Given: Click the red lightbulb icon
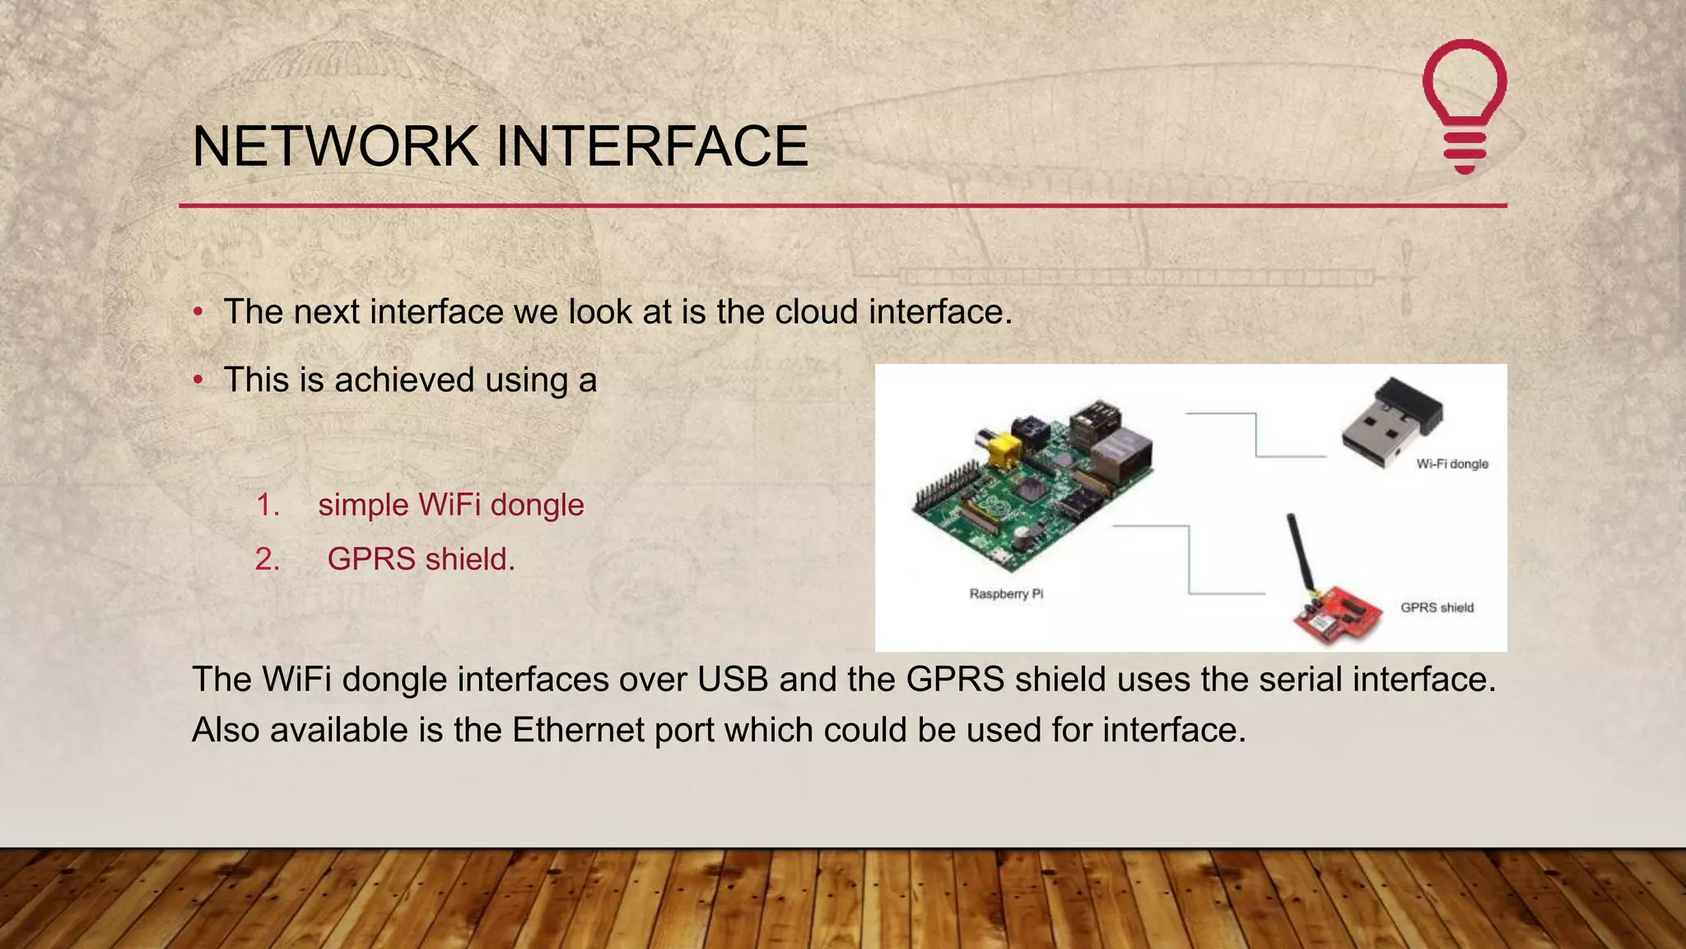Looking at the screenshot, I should click(x=1465, y=105).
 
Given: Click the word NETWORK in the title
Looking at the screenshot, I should click(x=335, y=147).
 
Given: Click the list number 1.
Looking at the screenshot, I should click(x=268, y=505).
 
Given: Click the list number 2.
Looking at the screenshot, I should click(x=268, y=559).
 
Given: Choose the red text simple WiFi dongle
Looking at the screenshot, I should click(x=451, y=505).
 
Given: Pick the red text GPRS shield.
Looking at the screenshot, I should click(x=421, y=559).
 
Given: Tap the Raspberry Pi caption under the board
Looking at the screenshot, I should click(x=1006, y=594).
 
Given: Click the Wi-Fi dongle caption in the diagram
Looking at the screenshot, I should click(x=1452, y=464).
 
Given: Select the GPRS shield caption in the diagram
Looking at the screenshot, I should click(x=1437, y=608).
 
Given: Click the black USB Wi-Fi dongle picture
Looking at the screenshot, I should click(x=1391, y=422).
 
